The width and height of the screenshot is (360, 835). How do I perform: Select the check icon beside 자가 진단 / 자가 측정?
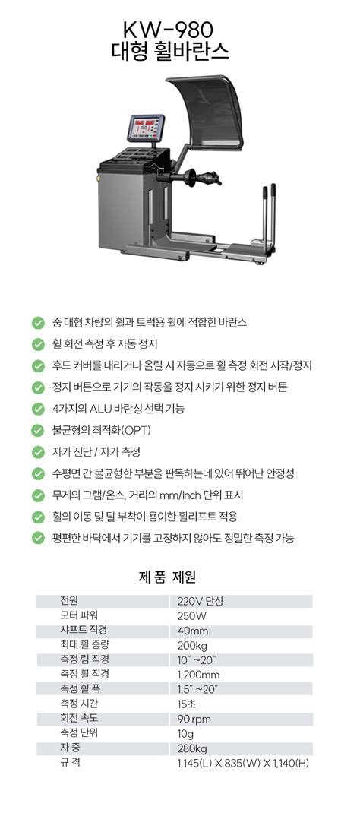click(38, 452)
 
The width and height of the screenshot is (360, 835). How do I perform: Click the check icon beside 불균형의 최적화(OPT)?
click(38, 431)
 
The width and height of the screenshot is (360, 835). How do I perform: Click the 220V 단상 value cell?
click(201, 601)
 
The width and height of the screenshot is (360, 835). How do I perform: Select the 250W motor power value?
click(192, 615)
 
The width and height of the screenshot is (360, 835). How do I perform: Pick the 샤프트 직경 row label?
click(83, 630)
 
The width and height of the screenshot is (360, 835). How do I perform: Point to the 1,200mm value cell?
click(198, 674)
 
